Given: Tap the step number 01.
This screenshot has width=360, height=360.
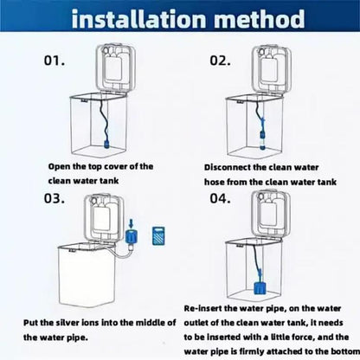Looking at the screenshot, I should [55, 62].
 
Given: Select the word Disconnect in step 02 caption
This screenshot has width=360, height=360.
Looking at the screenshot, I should [229, 165].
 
